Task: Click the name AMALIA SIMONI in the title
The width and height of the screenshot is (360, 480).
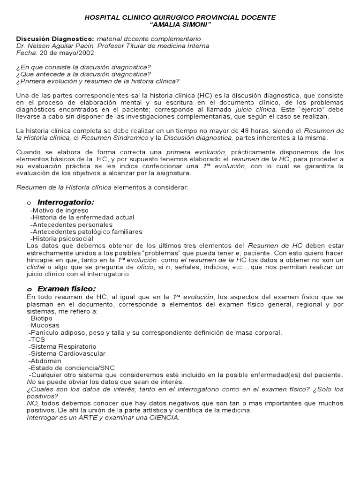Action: coord(180,24)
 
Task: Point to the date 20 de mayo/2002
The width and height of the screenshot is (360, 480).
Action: coord(66,53)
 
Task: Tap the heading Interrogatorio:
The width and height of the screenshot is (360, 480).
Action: coord(66,202)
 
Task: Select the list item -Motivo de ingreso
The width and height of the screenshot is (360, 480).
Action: coord(59,210)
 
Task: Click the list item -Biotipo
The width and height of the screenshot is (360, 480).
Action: coord(41,318)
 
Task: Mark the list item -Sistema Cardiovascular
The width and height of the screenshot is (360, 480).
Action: coord(67,353)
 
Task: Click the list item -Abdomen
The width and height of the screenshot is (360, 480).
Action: coord(44,360)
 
